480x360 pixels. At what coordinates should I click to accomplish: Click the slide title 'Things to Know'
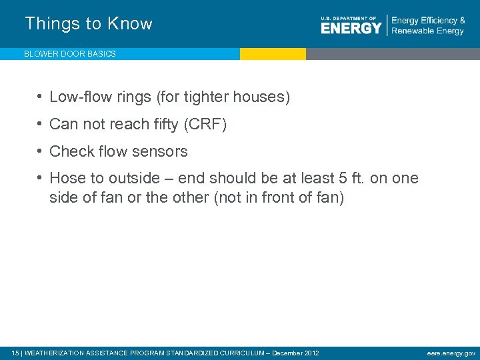(x=89, y=24)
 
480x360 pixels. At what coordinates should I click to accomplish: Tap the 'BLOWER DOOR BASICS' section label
(x=70, y=54)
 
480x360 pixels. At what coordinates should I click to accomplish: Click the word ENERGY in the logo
(x=351, y=27)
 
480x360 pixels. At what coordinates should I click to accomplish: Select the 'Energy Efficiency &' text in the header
(x=428, y=20)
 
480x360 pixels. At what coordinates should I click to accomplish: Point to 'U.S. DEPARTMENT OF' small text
(x=349, y=18)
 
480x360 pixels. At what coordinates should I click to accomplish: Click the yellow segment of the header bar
(x=273, y=54)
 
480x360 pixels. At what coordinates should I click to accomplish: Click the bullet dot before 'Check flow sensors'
(x=41, y=151)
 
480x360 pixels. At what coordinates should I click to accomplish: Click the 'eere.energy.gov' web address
(x=451, y=353)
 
